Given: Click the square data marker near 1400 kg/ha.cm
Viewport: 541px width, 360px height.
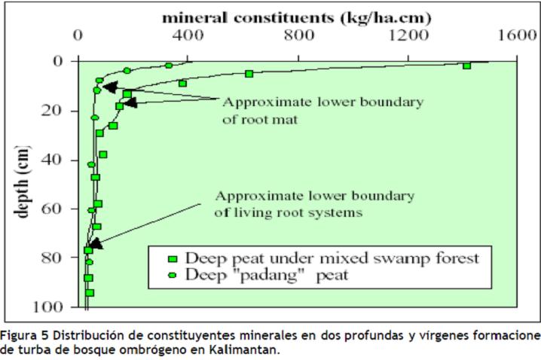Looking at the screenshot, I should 467,66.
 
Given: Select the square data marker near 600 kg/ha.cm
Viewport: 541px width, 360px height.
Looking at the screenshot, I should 249,73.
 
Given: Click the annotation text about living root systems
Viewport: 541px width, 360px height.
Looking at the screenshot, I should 314,204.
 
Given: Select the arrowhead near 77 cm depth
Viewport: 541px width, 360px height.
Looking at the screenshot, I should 95,243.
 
